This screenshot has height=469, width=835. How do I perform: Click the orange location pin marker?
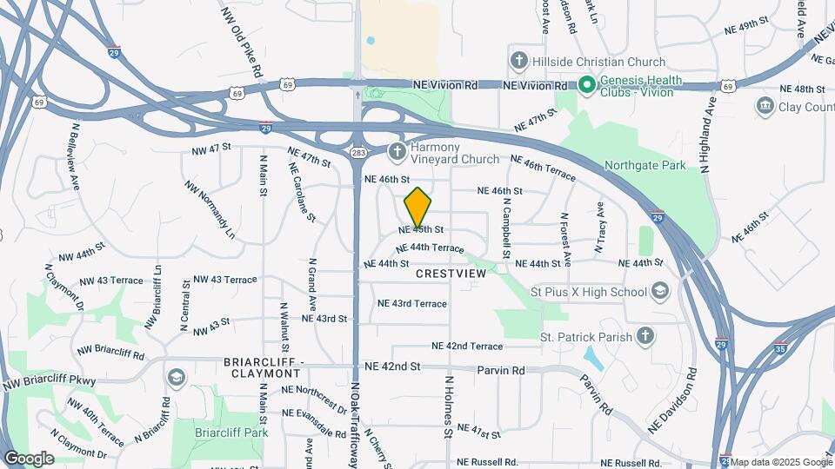click(418, 208)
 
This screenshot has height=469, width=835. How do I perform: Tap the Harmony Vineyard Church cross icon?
click(397, 152)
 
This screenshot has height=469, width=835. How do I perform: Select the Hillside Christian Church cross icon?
click(519, 62)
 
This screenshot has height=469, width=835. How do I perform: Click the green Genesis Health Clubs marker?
click(586, 85)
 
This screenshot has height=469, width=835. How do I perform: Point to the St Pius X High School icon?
click(660, 291)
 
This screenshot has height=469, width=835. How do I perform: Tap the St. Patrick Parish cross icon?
click(645, 335)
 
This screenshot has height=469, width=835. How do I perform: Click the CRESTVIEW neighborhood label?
click(451, 273)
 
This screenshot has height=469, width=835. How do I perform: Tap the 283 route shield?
click(358, 153)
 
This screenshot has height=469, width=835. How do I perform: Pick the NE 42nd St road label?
click(392, 367)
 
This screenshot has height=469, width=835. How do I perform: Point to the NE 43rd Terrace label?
click(412, 304)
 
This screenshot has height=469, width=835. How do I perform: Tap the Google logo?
click(29, 458)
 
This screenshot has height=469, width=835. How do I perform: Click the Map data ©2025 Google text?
click(781, 461)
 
